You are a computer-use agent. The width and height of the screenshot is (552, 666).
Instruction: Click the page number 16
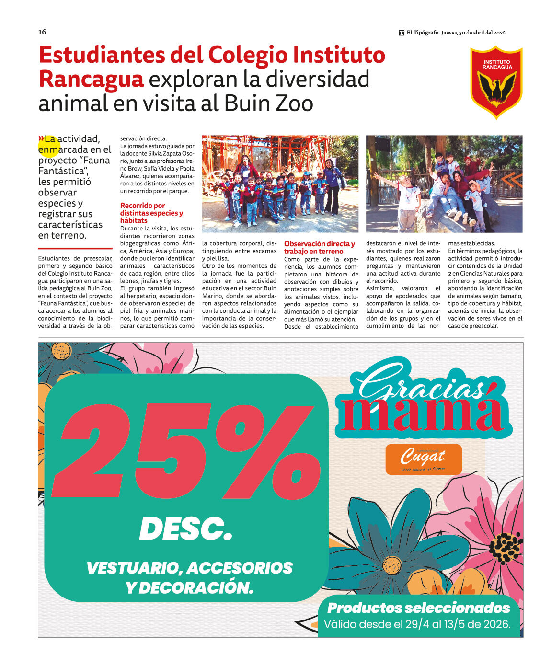coord(42,32)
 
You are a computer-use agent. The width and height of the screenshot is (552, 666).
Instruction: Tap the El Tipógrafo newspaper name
coord(422,33)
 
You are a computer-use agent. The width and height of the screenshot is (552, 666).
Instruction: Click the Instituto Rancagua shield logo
coord(496,82)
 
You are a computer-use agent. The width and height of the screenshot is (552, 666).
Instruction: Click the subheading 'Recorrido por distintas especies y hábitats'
coord(151,213)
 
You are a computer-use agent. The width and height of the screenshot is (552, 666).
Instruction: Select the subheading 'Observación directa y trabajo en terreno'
coord(319,247)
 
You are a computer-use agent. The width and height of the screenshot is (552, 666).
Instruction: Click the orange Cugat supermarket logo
coord(424,459)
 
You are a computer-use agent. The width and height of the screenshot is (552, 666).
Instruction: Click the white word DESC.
coord(185,529)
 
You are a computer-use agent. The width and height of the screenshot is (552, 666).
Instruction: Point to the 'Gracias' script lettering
coord(422,384)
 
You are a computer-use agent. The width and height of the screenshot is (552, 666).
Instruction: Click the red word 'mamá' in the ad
coord(422,413)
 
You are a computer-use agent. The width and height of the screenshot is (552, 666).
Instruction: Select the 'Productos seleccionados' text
coord(418,608)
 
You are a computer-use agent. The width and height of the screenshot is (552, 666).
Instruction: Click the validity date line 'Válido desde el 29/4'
coord(417,624)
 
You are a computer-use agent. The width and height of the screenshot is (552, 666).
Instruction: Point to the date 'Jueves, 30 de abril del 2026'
coord(473,33)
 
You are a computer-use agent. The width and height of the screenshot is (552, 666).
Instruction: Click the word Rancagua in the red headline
coord(91,79)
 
